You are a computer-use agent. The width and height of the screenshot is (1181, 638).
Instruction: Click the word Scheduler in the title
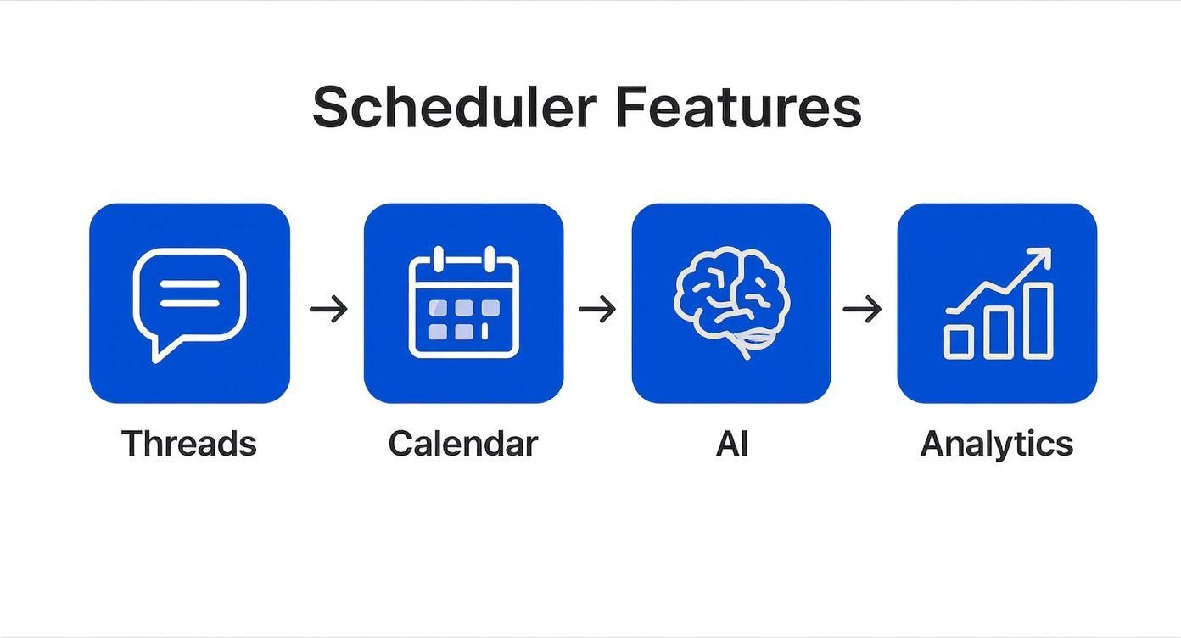coord(454,108)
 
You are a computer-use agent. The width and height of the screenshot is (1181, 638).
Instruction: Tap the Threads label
coord(188,444)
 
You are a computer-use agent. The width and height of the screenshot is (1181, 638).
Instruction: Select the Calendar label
coord(463,444)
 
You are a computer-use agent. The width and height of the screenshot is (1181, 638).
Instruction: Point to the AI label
coord(731,444)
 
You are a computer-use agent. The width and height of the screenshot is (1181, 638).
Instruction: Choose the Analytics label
coord(997,444)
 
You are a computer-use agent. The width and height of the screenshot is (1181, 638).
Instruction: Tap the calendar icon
coord(463,304)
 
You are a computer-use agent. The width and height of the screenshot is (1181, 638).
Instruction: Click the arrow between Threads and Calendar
coord(328,310)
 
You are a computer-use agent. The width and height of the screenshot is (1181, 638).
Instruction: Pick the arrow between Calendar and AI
coord(597,310)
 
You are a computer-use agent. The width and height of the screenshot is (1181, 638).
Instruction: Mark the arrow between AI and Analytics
coord(862,310)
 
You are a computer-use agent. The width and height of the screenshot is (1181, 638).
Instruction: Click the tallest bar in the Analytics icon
coord(1038,320)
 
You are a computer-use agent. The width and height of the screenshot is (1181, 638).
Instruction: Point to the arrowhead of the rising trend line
coord(1044,255)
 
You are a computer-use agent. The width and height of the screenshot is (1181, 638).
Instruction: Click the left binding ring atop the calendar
coord(438,258)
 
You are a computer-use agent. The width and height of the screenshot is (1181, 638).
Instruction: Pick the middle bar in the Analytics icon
coord(999,332)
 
